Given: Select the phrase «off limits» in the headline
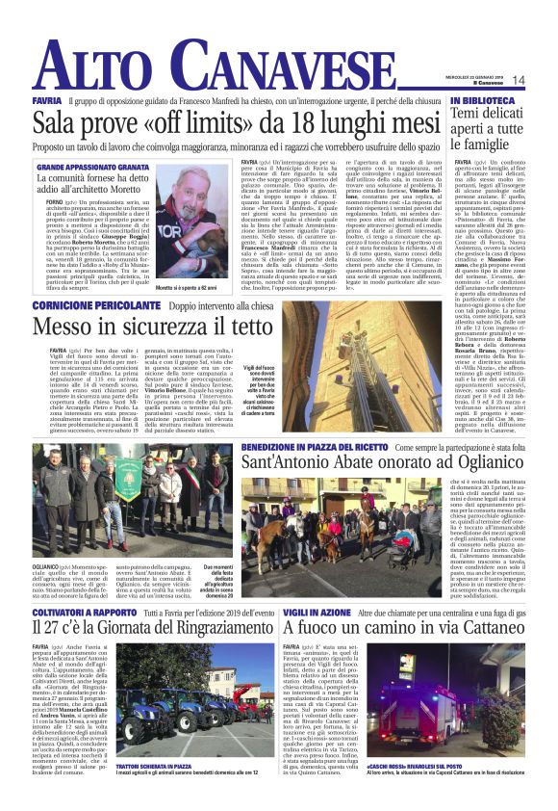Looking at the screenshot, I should [x=182, y=125].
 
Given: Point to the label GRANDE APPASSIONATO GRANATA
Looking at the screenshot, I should [x=94, y=168].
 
